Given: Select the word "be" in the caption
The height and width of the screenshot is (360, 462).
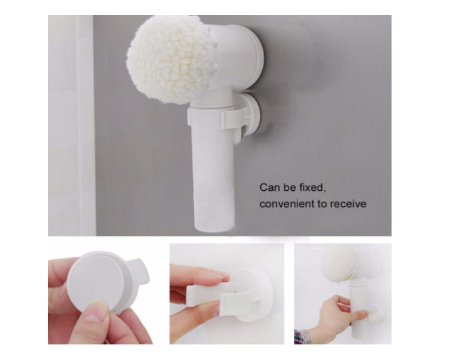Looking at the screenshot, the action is click(290, 187).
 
